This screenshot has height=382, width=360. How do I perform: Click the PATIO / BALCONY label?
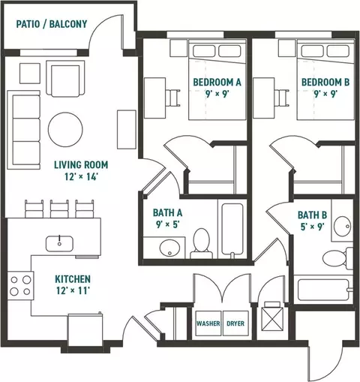click(x=52, y=24)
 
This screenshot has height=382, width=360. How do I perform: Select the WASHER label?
click(x=208, y=323)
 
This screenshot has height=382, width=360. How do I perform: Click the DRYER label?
click(x=235, y=323)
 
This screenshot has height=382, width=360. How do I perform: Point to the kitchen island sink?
click(x=59, y=244)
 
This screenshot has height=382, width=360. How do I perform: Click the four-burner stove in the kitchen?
click(x=20, y=285)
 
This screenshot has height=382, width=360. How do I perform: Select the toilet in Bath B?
click(x=337, y=259)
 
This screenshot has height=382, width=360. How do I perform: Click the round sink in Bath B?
click(x=343, y=226)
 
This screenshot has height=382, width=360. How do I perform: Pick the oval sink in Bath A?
click(x=169, y=248)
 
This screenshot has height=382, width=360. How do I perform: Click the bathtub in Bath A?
click(x=232, y=230)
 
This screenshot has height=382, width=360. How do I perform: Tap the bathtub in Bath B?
click(x=324, y=290)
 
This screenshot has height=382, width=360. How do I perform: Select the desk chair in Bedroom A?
click(x=173, y=98)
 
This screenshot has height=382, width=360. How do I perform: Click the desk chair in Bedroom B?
click(x=281, y=98)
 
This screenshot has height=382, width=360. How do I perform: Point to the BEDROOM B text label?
click(x=325, y=82)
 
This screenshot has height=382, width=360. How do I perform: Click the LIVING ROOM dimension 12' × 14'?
click(x=80, y=177)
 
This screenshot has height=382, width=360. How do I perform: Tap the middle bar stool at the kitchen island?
click(x=59, y=209)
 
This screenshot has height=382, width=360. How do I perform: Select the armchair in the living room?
click(x=65, y=79)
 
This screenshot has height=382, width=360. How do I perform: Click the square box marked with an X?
click(x=272, y=320)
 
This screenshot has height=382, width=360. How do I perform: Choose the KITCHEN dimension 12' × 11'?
click(x=73, y=290)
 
